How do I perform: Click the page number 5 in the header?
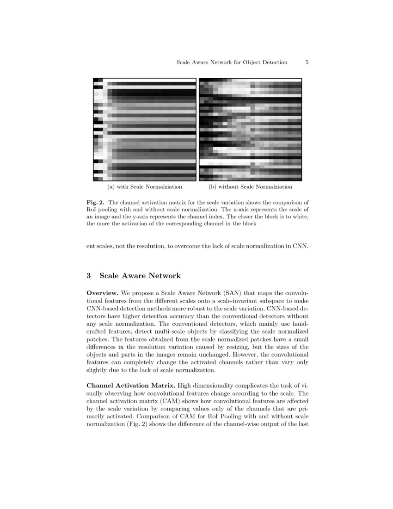point(307,62)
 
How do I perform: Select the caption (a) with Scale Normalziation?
point(144,187)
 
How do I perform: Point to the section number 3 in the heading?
point(89,276)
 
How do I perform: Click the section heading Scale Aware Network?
point(140,276)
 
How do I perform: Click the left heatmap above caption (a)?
point(144,130)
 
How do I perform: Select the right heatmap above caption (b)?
point(250,130)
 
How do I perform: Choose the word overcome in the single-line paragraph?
point(191,246)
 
